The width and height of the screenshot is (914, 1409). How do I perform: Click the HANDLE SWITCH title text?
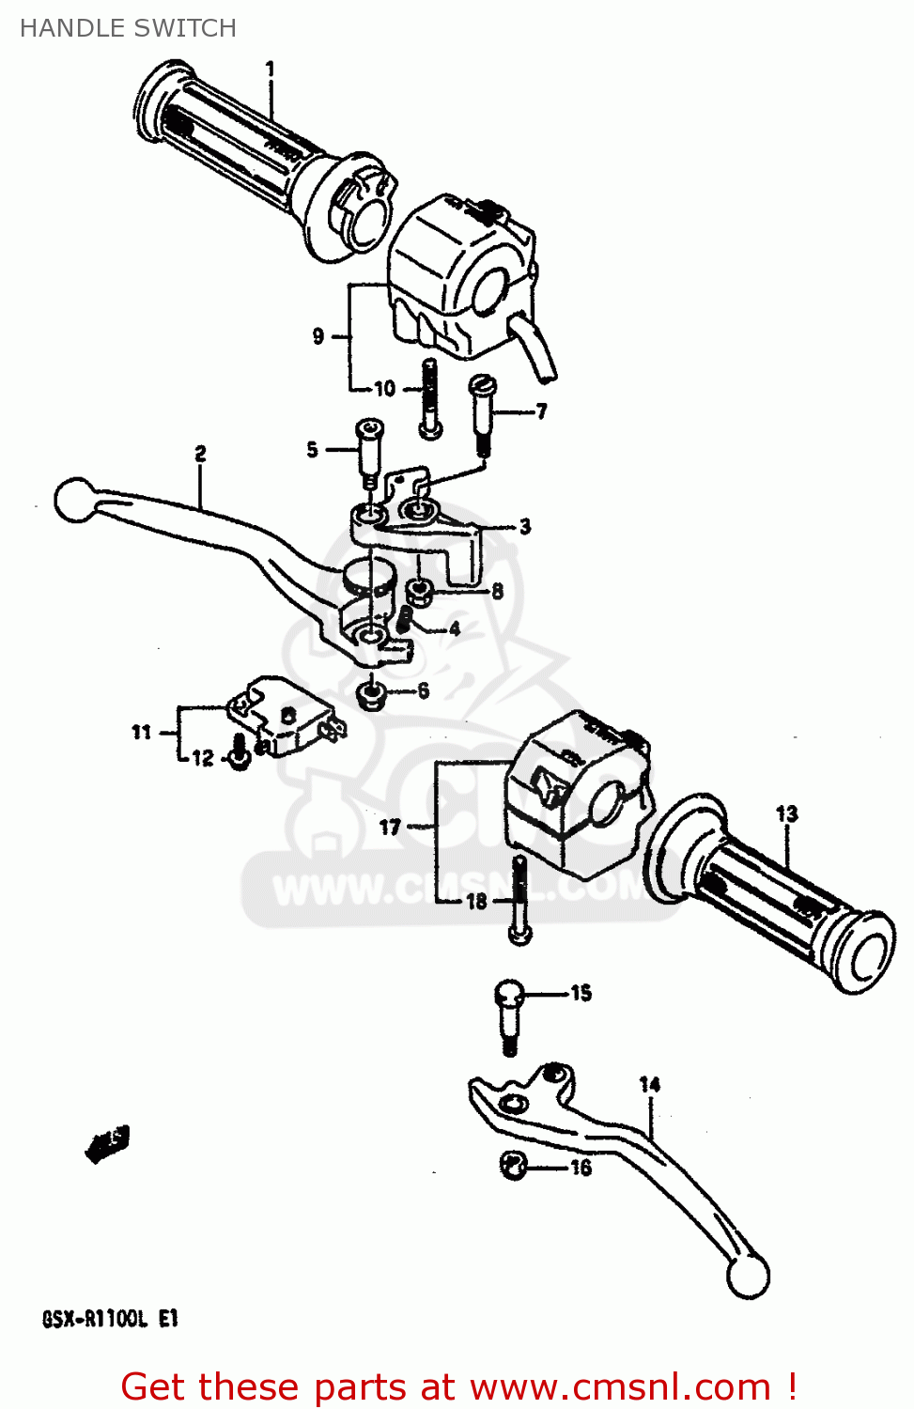pyautogui.click(x=128, y=28)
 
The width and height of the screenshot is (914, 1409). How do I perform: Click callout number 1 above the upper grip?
pyautogui.click(x=271, y=69)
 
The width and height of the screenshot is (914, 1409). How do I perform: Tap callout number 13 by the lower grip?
pyautogui.click(x=786, y=813)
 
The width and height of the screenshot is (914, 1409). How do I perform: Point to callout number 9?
pyautogui.click(x=318, y=335)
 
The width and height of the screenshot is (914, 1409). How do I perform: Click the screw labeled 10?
pyautogui.click(x=430, y=399)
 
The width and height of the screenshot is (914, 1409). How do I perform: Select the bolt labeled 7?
pyautogui.click(x=482, y=413)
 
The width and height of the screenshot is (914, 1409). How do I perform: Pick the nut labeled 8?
pyautogui.click(x=418, y=592)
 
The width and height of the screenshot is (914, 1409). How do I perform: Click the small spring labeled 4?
pyautogui.click(x=406, y=619)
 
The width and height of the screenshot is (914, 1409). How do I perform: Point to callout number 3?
pyautogui.click(x=524, y=526)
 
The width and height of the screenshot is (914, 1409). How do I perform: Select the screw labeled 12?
pyautogui.click(x=240, y=754)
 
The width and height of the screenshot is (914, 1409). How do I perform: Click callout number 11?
pyautogui.click(x=141, y=732)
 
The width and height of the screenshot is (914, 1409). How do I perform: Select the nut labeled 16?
pyautogui.click(x=513, y=1166)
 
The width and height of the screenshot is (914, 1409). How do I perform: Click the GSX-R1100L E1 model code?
pyautogui.click(x=110, y=1319)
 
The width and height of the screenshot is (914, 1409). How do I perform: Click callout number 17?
pyautogui.click(x=390, y=827)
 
